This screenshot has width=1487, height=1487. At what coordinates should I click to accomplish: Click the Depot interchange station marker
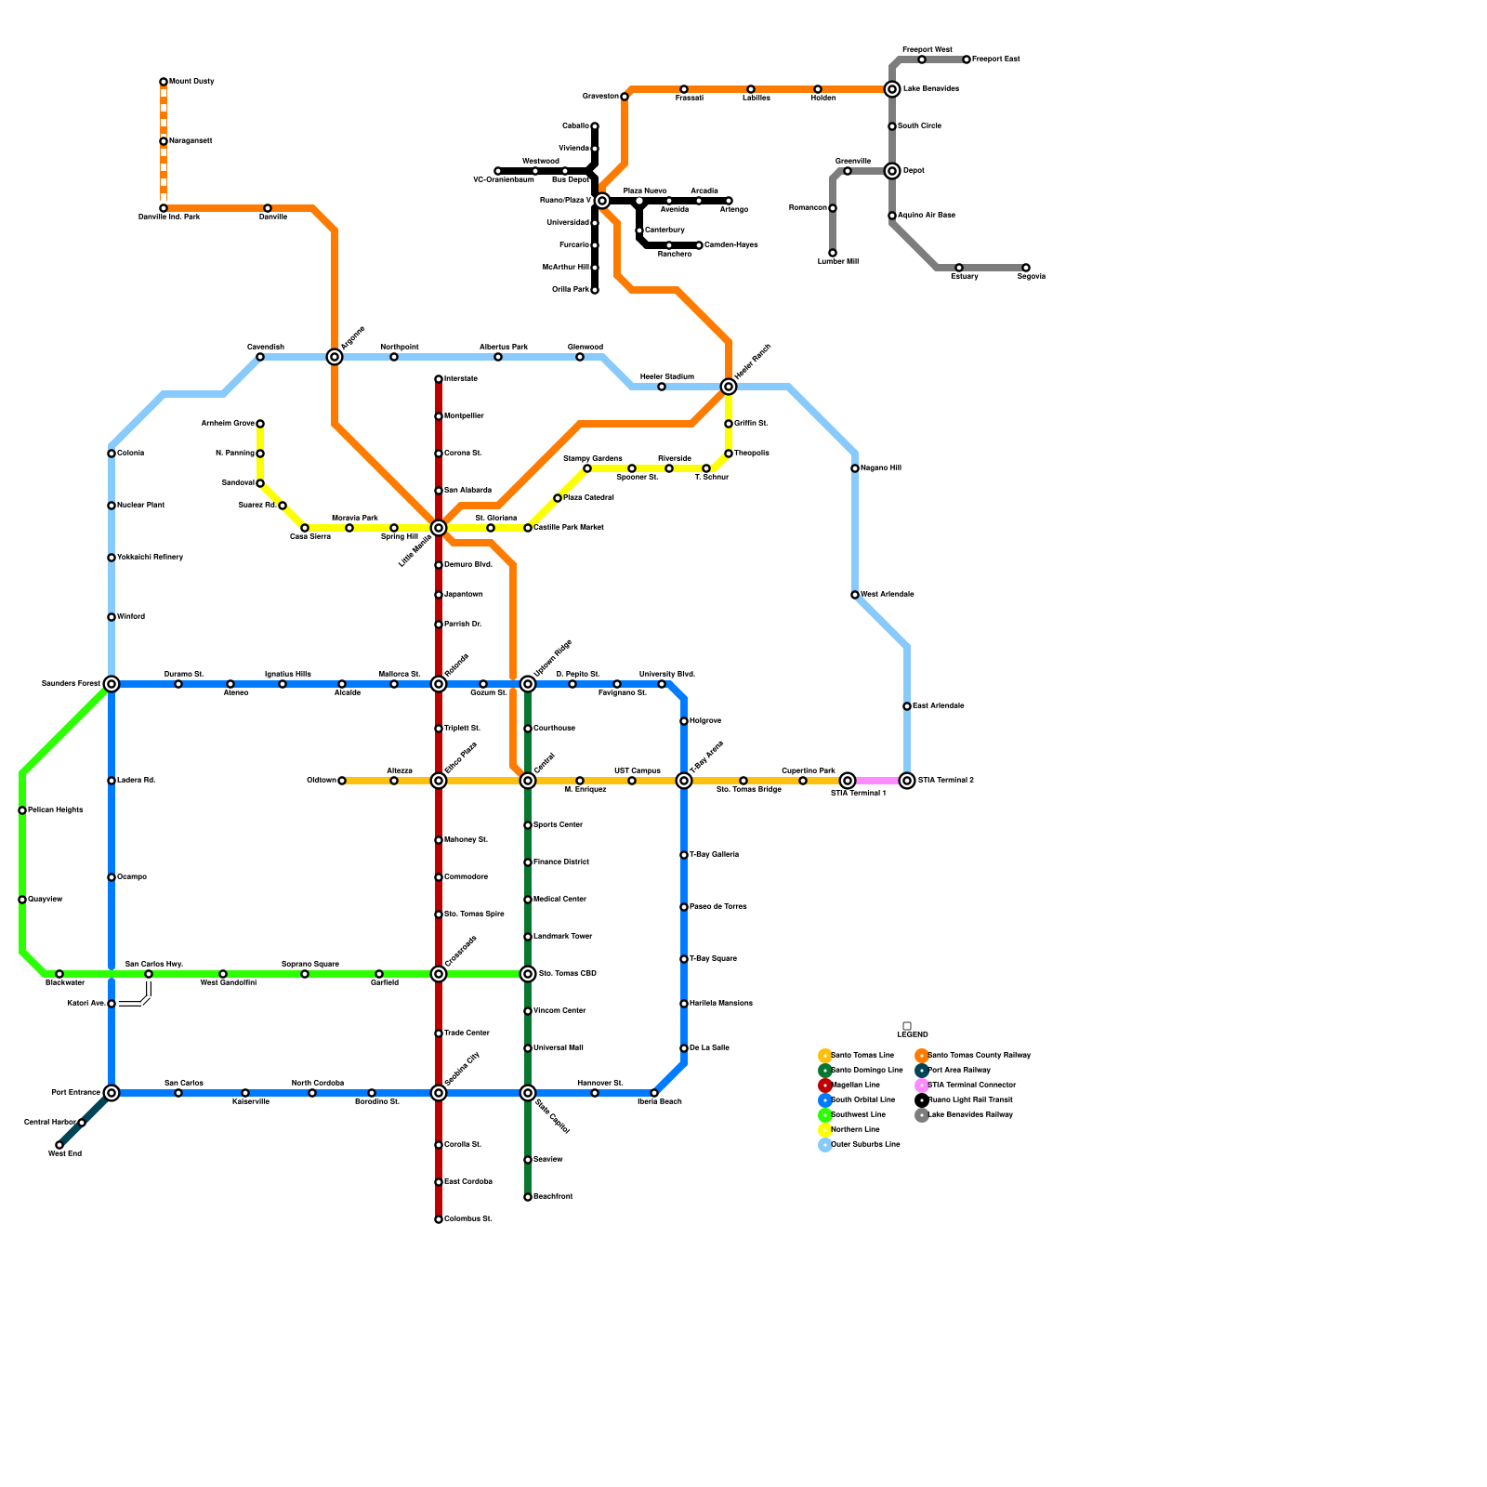pyautogui.click(x=892, y=171)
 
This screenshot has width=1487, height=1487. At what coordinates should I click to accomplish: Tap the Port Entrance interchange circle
pyautogui.click(x=112, y=1093)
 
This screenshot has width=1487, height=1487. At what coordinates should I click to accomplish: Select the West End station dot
pyautogui.click(x=59, y=1145)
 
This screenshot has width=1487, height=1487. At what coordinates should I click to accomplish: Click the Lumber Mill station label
pyautogui.click(x=837, y=262)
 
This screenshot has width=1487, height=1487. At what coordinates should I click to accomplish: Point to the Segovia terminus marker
pyautogui.click(x=1026, y=268)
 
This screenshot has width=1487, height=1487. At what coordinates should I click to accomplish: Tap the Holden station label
pyautogui.click(x=822, y=99)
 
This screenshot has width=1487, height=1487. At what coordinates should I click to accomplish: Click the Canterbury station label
pyautogui.click(x=665, y=230)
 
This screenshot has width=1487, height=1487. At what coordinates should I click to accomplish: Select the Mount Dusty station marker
pyautogui.click(x=164, y=82)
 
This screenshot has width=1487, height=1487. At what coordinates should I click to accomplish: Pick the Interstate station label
pyautogui.click(x=460, y=379)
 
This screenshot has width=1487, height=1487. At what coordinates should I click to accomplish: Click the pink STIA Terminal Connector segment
pyautogui.click(x=877, y=781)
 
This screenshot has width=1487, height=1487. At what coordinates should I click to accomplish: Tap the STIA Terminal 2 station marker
pyautogui.click(x=907, y=781)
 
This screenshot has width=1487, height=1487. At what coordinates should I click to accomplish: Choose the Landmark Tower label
pyautogui.click(x=562, y=937)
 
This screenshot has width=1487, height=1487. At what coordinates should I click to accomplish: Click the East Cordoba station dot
pyautogui.click(x=439, y=1182)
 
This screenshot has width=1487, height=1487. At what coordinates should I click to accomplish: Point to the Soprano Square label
pyautogui.click(x=310, y=965)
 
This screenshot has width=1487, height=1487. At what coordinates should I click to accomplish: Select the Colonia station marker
pyautogui.click(x=112, y=454)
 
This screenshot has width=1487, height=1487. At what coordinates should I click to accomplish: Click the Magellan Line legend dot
pyautogui.click(x=825, y=1086)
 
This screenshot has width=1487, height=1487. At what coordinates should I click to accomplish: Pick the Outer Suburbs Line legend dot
pyautogui.click(x=825, y=1145)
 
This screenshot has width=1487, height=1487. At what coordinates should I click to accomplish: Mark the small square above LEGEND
pyautogui.click(x=907, y=1026)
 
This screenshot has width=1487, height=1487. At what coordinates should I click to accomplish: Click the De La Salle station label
pyautogui.click(x=709, y=1048)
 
